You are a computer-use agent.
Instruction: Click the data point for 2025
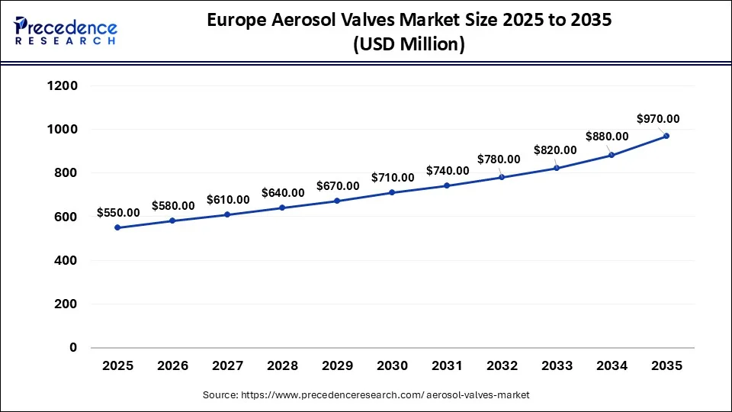tap(117, 227)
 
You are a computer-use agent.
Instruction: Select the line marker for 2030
tap(392, 192)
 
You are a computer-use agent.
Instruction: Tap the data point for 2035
tap(666, 136)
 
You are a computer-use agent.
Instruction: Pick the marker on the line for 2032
tap(502, 177)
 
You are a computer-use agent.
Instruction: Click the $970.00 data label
tap(658, 119)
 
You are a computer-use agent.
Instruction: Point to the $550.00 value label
tap(118, 213)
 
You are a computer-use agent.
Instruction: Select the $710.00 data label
tap(393, 178)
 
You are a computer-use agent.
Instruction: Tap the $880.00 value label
tap(607, 137)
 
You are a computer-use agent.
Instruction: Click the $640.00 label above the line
tap(283, 192)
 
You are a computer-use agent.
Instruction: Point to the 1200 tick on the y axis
tap(63, 86)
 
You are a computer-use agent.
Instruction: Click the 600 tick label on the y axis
tap(67, 217)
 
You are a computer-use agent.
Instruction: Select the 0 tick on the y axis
tap(74, 348)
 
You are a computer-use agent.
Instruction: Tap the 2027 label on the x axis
tap(227, 366)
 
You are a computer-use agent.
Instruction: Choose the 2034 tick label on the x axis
tap(612, 366)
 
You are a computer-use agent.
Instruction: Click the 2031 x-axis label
tap(447, 366)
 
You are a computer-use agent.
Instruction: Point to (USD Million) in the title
tap(409, 44)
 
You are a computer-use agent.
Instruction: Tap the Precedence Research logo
tap(66, 31)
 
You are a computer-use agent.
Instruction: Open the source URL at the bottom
tap(366, 395)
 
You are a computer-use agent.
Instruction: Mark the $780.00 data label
tap(499, 159)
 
